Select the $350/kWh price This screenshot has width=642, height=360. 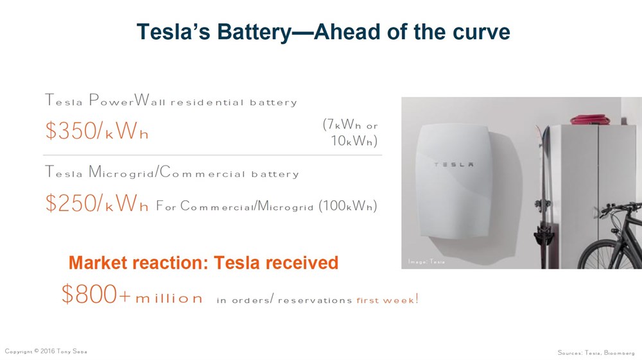coord(97,131)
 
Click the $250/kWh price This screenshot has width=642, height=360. coord(97,203)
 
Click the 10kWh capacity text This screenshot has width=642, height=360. coord(354,141)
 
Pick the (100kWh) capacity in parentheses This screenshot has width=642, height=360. coord(347,205)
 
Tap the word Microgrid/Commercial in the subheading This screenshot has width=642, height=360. coord(167,172)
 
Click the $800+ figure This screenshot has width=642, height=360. coord(96,294)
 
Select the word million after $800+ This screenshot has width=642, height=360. coord(169,298)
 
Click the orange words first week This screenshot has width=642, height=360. coord(386,300)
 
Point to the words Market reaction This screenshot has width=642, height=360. coord(139,262)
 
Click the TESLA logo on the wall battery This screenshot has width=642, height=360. coord(454,164)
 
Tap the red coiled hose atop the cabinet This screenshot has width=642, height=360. coord(590,119)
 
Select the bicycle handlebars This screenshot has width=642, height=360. coord(618,209)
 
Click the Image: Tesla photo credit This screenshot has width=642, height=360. coord(426,261)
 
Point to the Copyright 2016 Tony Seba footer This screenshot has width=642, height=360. coord(46,351)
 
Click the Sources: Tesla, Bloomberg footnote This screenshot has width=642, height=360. coord(596,352)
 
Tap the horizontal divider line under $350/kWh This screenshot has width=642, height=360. coord(213,155)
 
